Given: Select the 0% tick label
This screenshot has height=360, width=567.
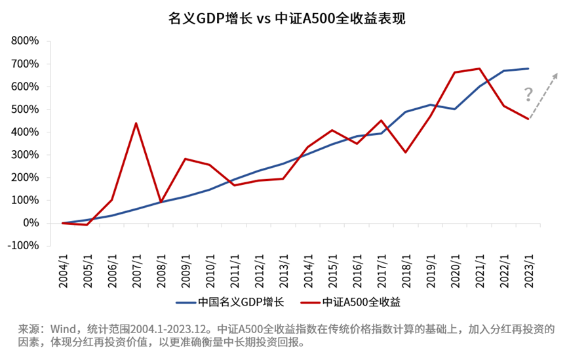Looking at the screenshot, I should click(31, 224).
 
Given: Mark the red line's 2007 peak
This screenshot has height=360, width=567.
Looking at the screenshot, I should click(136, 123).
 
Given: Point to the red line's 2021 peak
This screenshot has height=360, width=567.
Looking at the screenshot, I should click(480, 68).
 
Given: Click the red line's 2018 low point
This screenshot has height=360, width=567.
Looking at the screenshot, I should click(406, 153).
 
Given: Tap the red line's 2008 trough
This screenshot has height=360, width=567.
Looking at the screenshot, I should click(161, 202).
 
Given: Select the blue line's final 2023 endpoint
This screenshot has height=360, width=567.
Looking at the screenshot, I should click(528, 68).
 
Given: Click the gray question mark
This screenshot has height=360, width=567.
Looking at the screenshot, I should click(528, 95).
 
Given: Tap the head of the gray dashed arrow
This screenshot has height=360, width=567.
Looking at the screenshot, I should click(557, 73).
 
